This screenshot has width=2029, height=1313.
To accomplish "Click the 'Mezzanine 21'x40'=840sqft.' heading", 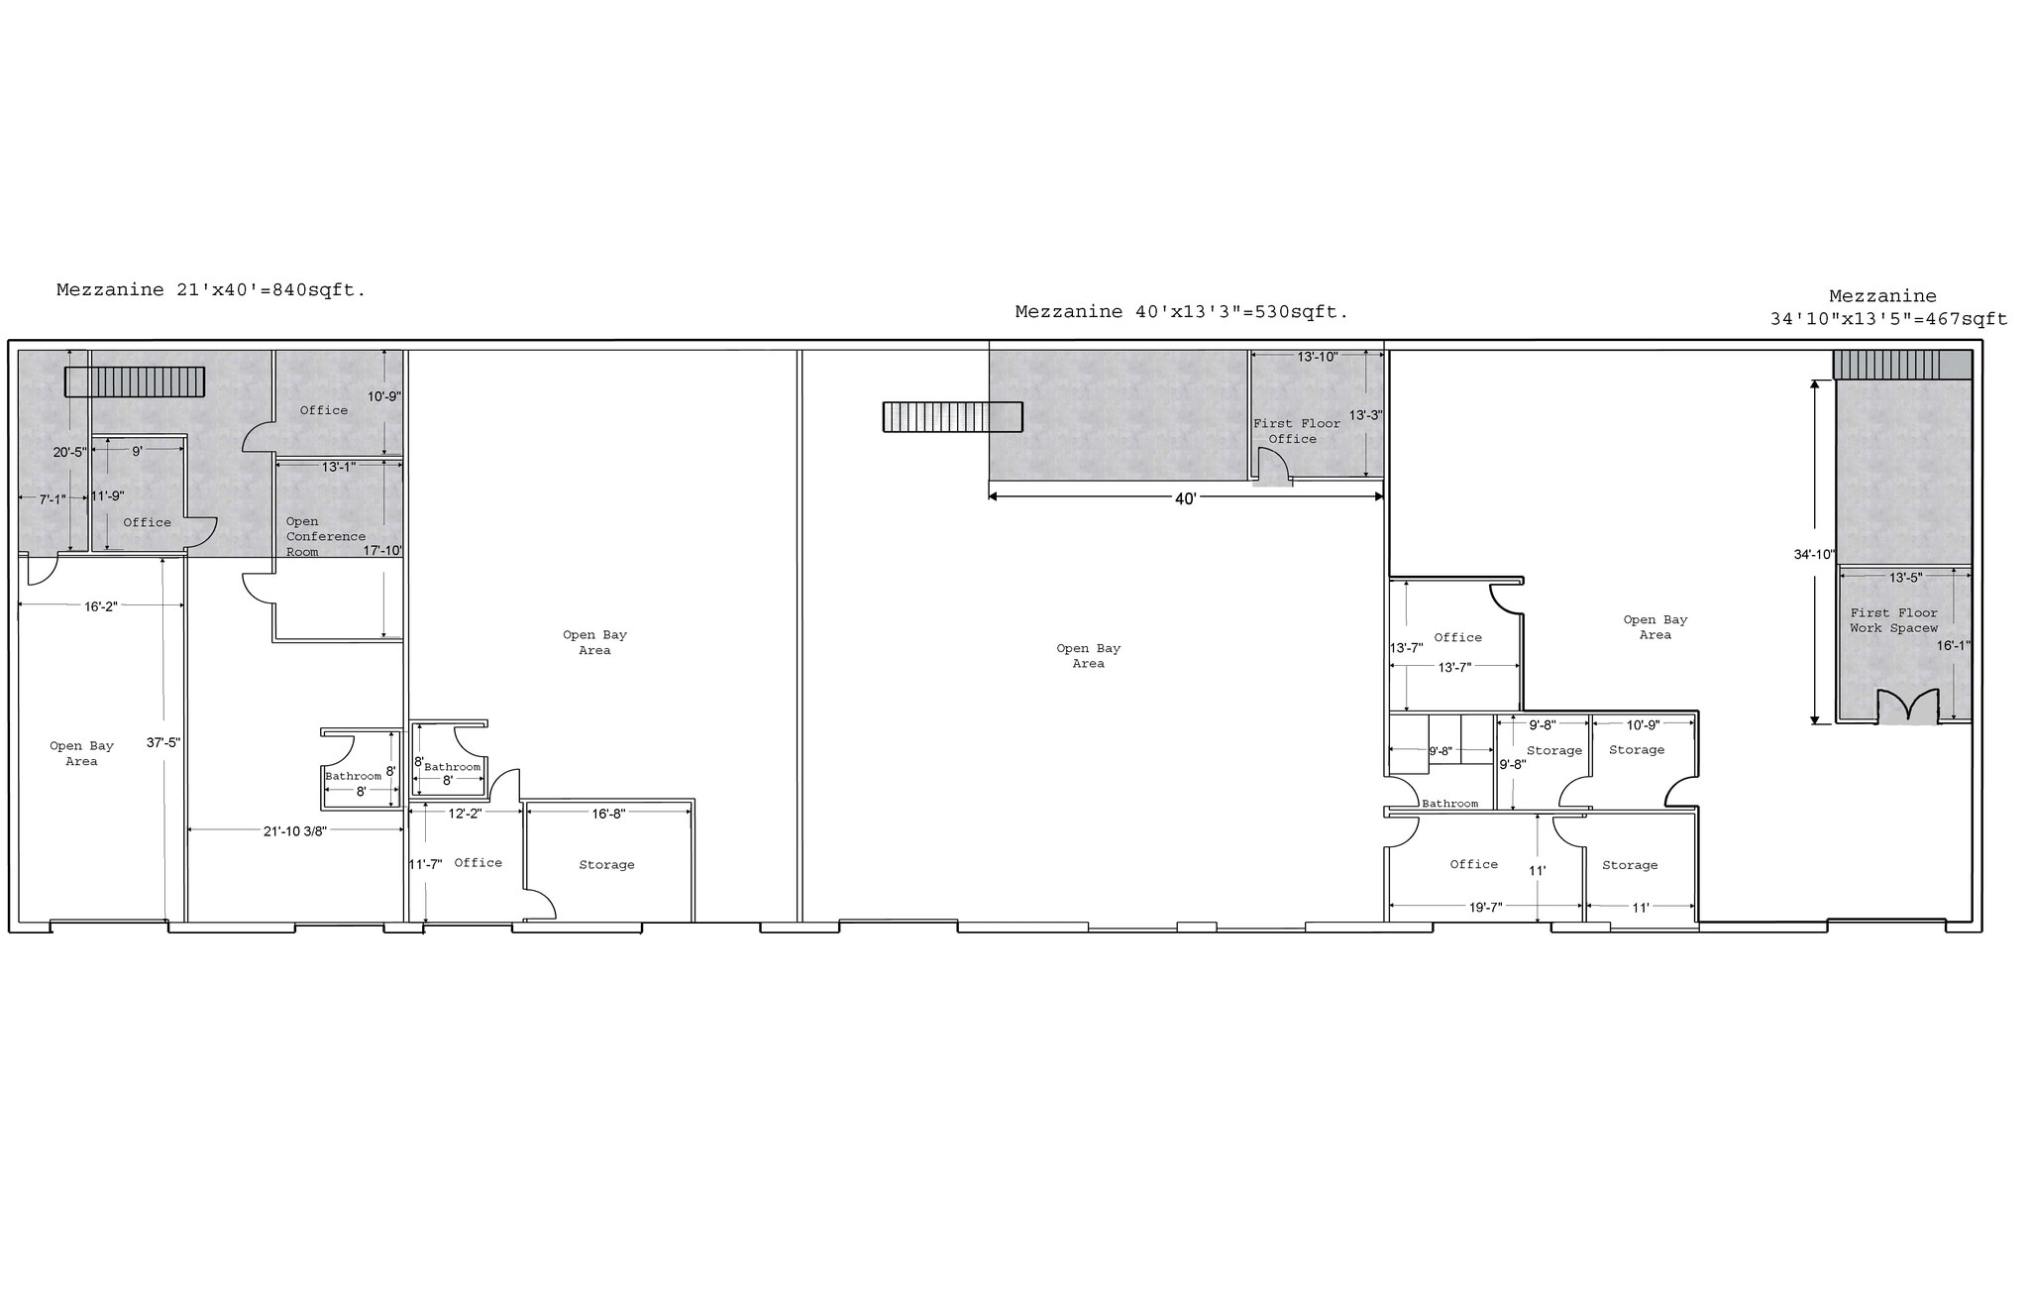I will [211, 290].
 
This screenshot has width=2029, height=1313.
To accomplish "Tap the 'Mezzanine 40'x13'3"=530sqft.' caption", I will [1181, 312].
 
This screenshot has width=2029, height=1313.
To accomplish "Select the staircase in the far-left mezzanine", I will [135, 382].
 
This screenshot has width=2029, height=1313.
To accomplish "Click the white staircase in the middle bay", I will [952, 417].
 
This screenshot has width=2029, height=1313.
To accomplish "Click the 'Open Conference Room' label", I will [325, 536].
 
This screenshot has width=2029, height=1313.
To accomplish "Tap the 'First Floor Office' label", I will [1296, 431].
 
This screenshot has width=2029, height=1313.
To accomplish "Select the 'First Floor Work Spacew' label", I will [1893, 620].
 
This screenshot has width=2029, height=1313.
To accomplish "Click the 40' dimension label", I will [1185, 499].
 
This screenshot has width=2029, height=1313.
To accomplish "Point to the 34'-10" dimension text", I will [1814, 555].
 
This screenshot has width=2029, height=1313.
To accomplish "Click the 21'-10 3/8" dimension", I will [294, 831].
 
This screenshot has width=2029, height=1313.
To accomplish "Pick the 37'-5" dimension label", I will [162, 742].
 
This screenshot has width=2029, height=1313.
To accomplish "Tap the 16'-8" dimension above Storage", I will [608, 814].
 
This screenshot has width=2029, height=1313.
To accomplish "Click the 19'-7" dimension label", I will [1485, 907].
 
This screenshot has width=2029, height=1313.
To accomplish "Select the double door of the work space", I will [1907, 707].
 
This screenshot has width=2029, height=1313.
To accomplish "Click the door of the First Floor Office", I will [1272, 466].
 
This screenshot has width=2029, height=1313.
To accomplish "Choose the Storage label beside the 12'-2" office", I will [606, 865].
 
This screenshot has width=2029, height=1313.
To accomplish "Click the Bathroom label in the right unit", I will [1449, 804].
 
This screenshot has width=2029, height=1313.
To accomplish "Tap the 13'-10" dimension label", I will [1317, 357].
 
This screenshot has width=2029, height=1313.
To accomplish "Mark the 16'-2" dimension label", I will [100, 606].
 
